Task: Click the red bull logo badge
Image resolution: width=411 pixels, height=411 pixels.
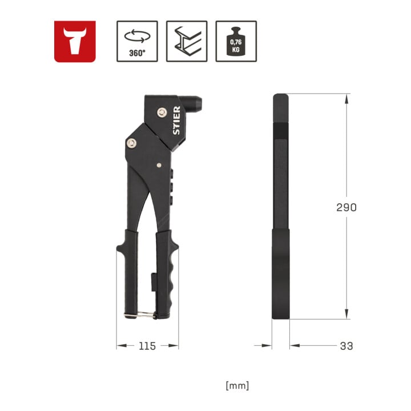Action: pyautogui.click(x=75, y=42)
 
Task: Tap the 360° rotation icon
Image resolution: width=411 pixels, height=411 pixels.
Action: pyautogui.click(x=137, y=42)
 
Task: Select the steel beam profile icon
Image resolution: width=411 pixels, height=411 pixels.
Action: pyautogui.click(x=187, y=42)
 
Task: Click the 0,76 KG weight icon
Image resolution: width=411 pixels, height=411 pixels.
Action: pyautogui.click(x=236, y=42)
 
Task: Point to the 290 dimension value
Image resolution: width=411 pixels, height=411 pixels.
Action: pyautogui.click(x=346, y=207)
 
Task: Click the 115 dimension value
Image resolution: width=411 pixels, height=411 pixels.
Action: pyautogui.click(x=147, y=346)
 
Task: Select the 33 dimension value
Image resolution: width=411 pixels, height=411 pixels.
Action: pyautogui.click(x=346, y=346)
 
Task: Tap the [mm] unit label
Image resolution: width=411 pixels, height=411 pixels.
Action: pyautogui.click(x=237, y=385)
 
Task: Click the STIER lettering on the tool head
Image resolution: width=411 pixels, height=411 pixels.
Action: pyautogui.click(x=176, y=120)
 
